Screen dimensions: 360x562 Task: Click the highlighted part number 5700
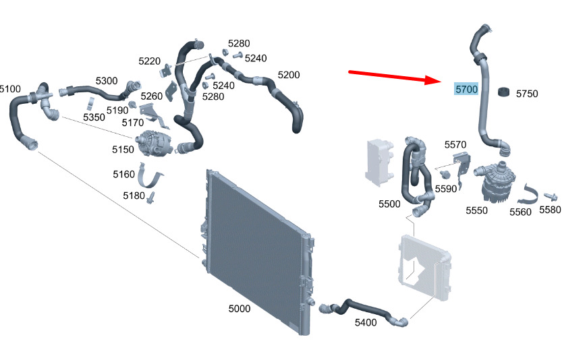point(466,89)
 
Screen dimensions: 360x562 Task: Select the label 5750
point(527,94)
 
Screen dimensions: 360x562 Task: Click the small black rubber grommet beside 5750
point(503,92)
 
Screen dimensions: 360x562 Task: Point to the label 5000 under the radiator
point(240,309)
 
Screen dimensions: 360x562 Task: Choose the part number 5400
point(365,323)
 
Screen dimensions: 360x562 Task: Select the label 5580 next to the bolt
point(550,210)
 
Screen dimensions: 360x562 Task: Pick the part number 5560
point(520,212)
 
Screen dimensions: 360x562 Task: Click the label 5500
point(389,204)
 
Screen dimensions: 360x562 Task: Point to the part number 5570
point(455,145)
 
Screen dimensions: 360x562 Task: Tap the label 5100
point(10,88)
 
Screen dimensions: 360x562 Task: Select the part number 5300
point(106,81)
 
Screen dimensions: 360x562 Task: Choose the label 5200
point(289,75)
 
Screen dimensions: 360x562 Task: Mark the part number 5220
point(149,61)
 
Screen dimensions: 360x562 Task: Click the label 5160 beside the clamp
point(124,175)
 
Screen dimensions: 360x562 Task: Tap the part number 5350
point(94,117)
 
